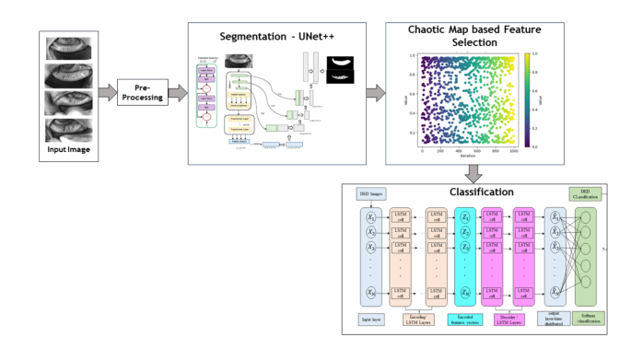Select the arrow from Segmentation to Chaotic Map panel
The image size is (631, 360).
pos(375,92)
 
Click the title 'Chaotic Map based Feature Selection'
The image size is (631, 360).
pos(465,36)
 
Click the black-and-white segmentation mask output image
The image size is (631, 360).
pos(343,69)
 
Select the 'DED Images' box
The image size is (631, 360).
pos(370,193)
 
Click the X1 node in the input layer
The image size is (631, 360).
pos(370,218)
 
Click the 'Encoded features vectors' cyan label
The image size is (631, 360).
pos(465,320)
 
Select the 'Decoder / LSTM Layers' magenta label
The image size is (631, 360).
pos(515,320)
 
